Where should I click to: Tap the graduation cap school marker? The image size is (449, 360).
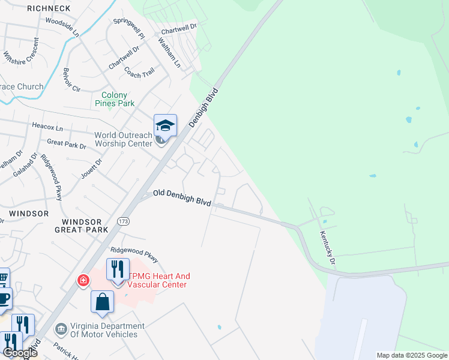pos(165,125)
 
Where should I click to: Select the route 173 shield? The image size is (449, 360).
pos(124,221)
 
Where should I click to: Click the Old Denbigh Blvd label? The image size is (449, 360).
pos(181,197)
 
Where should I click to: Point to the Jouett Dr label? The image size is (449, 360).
pos(92,169)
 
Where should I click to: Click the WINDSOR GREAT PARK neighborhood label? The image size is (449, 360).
pos(81,225)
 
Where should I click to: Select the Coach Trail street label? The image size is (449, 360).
pos(139,72)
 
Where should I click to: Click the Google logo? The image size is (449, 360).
pos(19,353)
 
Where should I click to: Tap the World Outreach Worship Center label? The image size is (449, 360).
pos(123,139)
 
